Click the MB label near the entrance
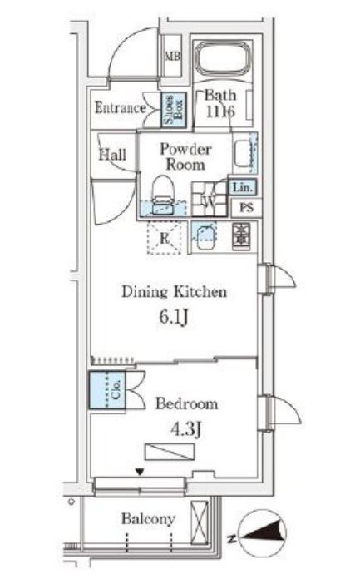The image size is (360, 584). (172, 57)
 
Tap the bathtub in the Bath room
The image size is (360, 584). (223, 57)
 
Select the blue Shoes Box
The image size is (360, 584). (173, 110)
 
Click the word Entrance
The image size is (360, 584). (121, 107)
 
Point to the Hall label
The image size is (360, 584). (112, 154)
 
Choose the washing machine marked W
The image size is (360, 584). (210, 200)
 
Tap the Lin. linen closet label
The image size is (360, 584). (243, 187)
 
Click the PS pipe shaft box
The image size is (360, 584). (246, 207)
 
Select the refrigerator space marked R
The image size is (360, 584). (164, 238)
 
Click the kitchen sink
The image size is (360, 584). (204, 236)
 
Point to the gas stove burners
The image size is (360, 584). (241, 236)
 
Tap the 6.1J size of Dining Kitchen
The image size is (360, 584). (174, 317)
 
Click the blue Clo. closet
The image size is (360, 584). (107, 390)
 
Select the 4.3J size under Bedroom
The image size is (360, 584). (185, 429)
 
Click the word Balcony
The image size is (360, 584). (148, 519)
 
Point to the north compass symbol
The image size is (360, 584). (262, 533)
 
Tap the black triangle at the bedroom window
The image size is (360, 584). (140, 472)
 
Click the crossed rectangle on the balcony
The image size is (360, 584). (200, 522)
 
